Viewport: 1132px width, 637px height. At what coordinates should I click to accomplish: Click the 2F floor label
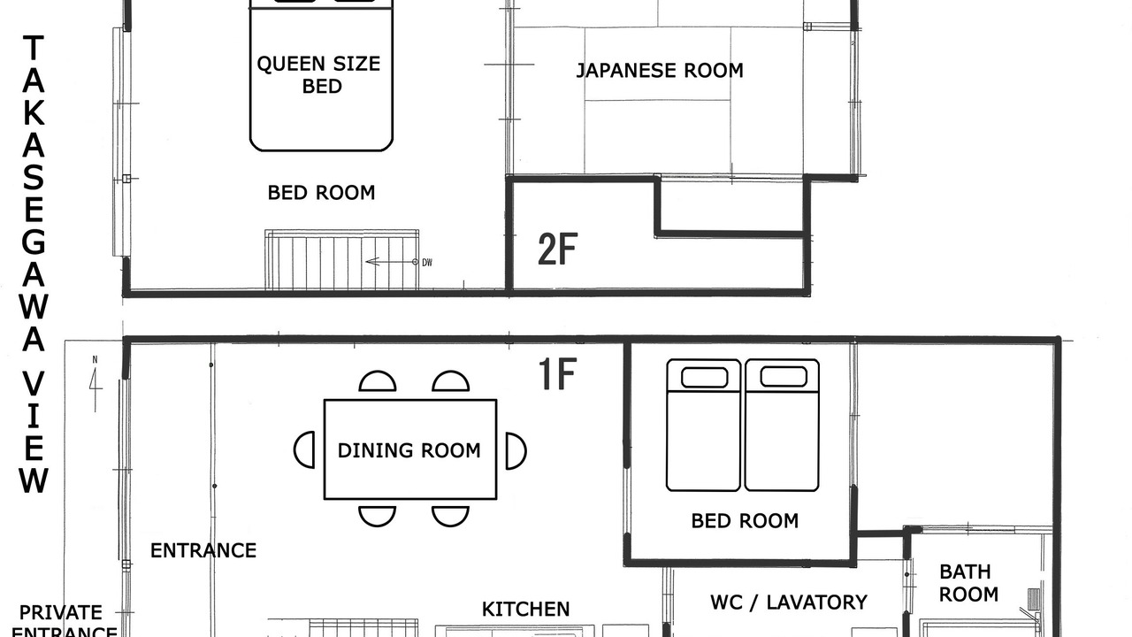(557, 249)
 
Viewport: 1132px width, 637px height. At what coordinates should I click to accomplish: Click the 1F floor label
(557, 373)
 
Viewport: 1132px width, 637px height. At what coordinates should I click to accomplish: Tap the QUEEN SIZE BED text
(319, 75)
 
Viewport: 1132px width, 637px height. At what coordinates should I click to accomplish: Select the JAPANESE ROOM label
(660, 70)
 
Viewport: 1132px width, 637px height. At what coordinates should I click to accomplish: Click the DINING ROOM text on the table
(409, 450)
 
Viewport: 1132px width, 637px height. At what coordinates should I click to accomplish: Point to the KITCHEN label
(525, 610)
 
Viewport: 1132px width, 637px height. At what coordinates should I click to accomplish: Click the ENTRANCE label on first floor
(203, 550)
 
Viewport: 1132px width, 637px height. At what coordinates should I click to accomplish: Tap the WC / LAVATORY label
(789, 602)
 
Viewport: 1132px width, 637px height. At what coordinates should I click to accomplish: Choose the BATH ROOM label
(968, 583)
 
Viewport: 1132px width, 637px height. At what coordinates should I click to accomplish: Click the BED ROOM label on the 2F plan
(321, 193)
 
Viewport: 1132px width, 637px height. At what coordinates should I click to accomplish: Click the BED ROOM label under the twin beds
(745, 521)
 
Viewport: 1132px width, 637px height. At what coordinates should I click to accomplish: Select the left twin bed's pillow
(705, 378)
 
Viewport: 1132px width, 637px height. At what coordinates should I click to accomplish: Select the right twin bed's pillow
(784, 377)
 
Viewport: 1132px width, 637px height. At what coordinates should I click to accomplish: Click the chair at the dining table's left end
(304, 450)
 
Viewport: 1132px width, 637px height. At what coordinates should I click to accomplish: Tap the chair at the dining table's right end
(516, 450)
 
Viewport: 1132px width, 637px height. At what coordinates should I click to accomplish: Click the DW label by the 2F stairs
(427, 263)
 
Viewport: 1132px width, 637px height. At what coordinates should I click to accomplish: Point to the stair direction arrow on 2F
(392, 262)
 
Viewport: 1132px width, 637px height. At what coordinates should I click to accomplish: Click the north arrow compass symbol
(96, 384)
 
